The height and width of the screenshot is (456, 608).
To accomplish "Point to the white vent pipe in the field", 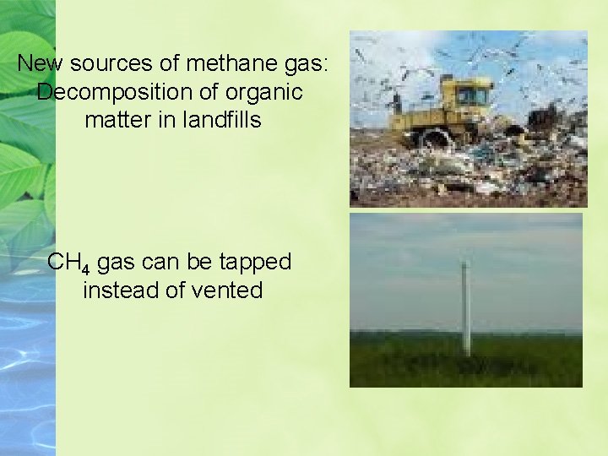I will (x=465, y=308).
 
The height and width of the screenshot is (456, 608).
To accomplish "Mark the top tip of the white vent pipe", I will (x=464, y=263).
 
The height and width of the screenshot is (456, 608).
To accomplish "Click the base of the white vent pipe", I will (x=466, y=353).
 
